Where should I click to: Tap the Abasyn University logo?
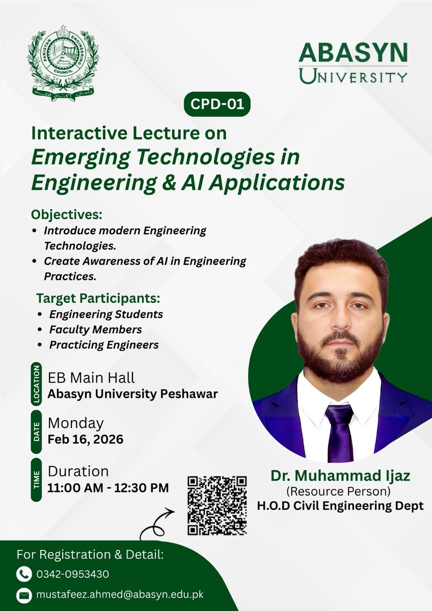point(353,62)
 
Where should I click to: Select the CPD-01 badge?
point(217,104)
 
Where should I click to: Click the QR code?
point(217,505)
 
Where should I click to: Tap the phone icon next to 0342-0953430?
point(24,574)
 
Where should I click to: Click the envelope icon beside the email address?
point(24,595)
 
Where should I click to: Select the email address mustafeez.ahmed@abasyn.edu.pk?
point(120,595)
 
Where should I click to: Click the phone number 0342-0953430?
point(72,574)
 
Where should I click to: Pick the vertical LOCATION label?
point(36,384)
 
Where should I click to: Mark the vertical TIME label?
point(36,480)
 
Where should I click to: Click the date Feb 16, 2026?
point(85,439)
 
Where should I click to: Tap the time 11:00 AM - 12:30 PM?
point(108,487)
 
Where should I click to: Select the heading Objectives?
point(67,214)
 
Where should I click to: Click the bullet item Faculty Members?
point(95,329)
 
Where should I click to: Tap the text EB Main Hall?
point(91,378)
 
